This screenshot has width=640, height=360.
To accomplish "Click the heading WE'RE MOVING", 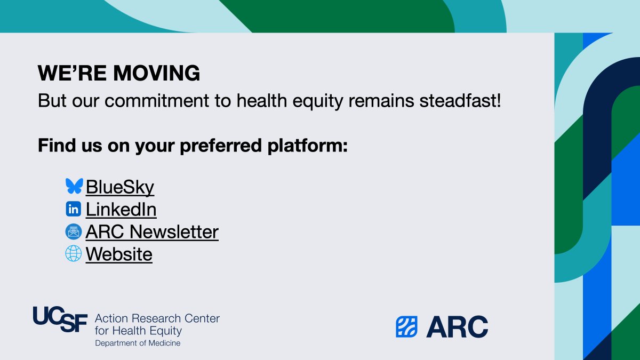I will tap(119, 74).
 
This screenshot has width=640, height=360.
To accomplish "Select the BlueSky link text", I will tap(119, 187).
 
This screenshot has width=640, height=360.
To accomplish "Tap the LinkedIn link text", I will tap(121, 210).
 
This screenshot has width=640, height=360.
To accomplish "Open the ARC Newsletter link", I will tap(152, 232).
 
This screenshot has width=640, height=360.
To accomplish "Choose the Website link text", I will tap(119, 254).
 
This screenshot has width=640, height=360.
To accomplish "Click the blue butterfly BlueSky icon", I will tap(74, 186).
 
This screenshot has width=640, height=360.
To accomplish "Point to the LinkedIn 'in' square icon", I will tap(74, 209).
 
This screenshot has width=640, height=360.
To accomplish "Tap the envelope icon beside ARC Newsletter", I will tap(74, 231).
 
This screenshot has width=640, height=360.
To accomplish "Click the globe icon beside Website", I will tap(74, 253).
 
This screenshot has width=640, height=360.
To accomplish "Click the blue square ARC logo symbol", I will tap(406, 327).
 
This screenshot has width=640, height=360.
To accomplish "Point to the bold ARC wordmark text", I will tap(457, 327).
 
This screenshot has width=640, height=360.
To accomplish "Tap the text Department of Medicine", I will tap(138, 343).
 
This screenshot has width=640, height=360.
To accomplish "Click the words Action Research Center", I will tap(157, 319).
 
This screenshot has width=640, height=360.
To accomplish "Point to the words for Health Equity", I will tap(138, 331).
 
